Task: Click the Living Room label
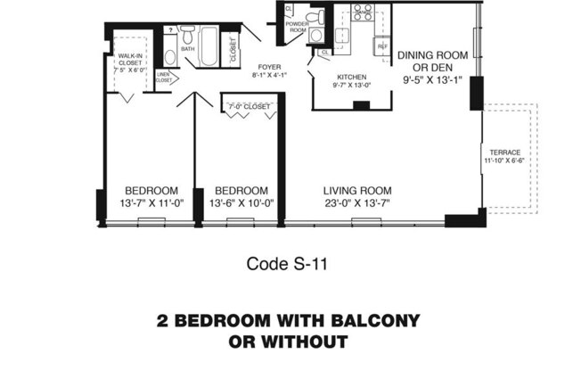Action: click(357, 190)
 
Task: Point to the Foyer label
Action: click(269, 67)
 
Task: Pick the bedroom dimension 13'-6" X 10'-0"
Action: click(241, 203)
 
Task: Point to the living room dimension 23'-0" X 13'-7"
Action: click(357, 203)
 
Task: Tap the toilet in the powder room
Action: click(314, 16)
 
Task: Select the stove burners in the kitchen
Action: click(363, 12)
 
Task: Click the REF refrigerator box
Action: click(383, 45)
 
